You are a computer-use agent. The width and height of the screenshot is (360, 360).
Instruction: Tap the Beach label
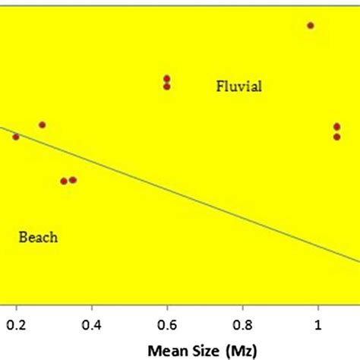tap(38, 238)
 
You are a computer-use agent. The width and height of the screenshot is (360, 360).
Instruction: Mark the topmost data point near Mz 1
tap(310, 25)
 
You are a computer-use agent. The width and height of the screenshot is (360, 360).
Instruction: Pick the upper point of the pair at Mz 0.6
tap(166, 78)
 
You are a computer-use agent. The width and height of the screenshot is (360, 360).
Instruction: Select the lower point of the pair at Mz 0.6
tap(166, 87)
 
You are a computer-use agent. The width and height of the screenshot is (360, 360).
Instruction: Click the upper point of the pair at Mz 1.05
tap(336, 127)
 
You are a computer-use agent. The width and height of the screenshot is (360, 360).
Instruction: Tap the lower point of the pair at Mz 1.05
tap(336, 137)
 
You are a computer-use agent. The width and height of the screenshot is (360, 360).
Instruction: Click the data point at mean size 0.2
tap(15, 137)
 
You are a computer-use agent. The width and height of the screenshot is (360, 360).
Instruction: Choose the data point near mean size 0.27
tap(42, 125)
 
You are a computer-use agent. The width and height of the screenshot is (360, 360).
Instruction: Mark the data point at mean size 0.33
tap(64, 181)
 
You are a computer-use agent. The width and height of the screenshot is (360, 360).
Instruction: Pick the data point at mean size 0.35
tap(73, 180)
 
